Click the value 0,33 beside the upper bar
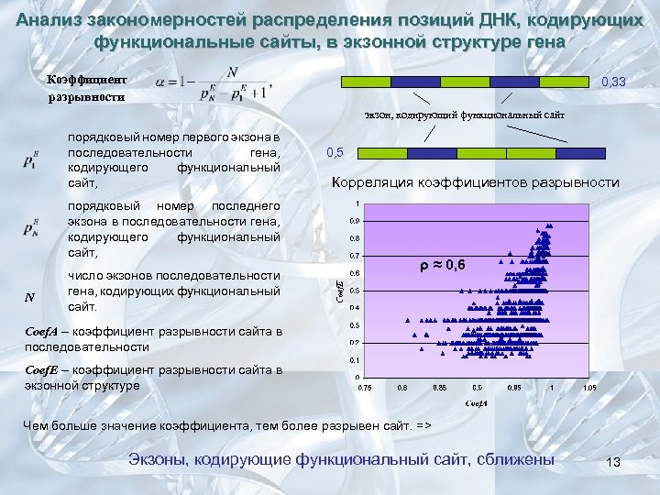click(x=613, y=83)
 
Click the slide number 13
click(x=613, y=464)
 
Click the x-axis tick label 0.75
click(x=364, y=388)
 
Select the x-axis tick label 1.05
click(x=589, y=388)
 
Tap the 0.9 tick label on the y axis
click(x=354, y=221)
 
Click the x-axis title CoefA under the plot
click(x=477, y=403)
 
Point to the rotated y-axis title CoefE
click(x=339, y=291)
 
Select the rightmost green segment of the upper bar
click(x=563, y=82)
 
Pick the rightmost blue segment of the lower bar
click(x=585, y=153)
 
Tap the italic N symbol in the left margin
click(x=30, y=296)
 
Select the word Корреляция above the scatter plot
click(x=374, y=182)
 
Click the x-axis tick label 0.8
click(x=401, y=388)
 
